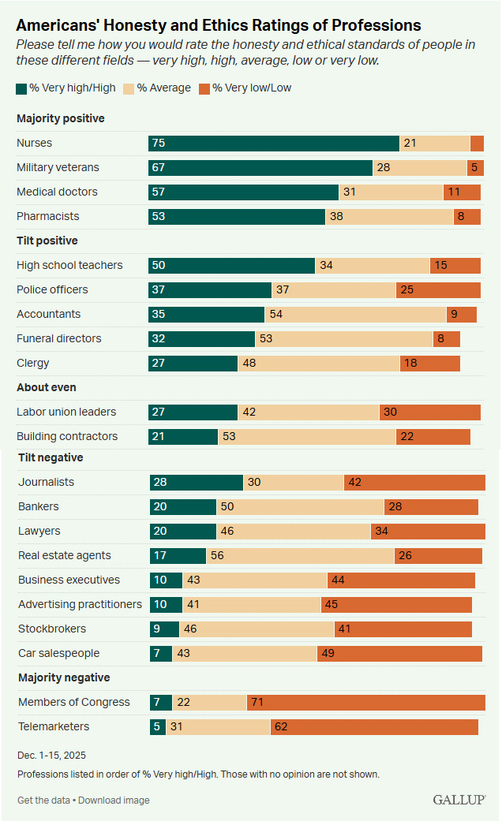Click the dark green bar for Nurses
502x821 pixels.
coord(273,143)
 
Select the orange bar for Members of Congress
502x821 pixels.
coord(366,703)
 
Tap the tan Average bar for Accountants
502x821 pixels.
coord(355,314)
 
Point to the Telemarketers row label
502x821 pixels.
coord(54,727)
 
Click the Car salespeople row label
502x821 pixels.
coord(59,654)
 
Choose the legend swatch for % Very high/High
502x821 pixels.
coord(21,88)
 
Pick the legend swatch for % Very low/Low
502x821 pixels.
coord(204,88)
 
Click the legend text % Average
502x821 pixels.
coord(163,88)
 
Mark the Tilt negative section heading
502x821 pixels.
coord(51,457)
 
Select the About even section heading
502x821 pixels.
coord(47,387)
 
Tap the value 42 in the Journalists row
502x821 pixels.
coord(355,483)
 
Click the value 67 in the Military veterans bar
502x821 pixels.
coord(159,167)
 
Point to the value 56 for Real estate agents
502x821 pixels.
coord(217,556)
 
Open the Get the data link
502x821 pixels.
coord(44,800)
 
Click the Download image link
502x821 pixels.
coord(114,800)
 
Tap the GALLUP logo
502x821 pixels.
coord(459,800)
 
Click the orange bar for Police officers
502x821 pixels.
coord(438,289)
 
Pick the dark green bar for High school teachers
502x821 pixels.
coord(231,265)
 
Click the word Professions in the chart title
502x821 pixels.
coord(368,26)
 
